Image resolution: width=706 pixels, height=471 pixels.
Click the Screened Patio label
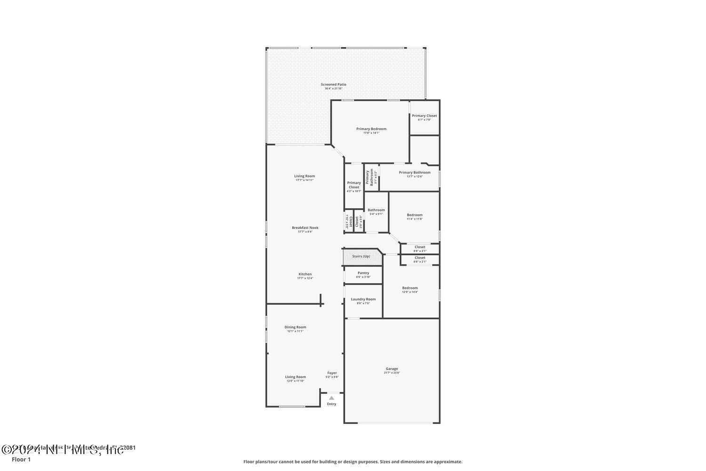[333, 84]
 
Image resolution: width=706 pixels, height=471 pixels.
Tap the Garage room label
[392, 369]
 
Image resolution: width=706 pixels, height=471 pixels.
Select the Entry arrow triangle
[331, 398]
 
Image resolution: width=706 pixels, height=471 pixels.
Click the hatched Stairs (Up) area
[361, 257]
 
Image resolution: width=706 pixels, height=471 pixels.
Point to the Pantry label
[363, 273]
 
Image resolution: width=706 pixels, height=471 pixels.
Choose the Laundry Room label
[363, 299]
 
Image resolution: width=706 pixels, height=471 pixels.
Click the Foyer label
[332, 373]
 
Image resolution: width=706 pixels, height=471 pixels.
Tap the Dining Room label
[295, 327]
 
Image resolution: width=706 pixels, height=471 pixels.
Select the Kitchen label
[305, 274]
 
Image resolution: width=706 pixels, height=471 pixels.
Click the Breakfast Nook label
[305, 227]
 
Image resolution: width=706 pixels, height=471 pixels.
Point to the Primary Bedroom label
[371, 129]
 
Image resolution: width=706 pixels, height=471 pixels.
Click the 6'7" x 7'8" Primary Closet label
[424, 116]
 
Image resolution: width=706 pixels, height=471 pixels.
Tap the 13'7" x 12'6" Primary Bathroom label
[415, 172]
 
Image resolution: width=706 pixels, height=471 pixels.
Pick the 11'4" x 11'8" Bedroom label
[415, 215]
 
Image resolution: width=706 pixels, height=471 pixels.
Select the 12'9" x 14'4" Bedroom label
[410, 288]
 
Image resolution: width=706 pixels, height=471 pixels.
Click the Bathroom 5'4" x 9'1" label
[376, 210]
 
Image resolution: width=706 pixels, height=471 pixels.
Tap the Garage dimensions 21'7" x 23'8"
[392, 373]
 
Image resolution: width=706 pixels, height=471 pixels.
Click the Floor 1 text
[21, 460]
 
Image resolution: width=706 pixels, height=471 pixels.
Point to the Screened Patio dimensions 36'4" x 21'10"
[333, 89]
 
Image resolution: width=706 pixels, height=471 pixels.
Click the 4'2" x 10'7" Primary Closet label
[354, 185]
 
